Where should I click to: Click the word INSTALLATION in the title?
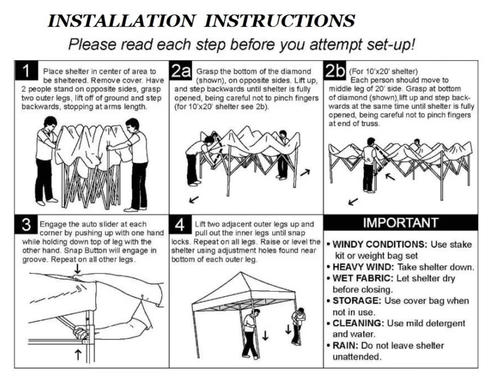point(121,21)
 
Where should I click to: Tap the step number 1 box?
point(26,70)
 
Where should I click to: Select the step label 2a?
point(181,70)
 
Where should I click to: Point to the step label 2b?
point(335,70)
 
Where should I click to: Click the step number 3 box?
point(26,224)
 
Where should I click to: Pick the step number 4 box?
point(180,224)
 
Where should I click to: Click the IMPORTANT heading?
point(401,222)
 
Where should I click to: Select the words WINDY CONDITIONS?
point(380,244)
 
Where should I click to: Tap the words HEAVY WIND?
point(363,267)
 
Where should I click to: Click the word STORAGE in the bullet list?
point(357,300)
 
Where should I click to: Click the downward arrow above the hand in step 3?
point(78,269)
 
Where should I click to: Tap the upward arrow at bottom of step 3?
point(78,355)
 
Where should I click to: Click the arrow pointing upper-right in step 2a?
point(305,172)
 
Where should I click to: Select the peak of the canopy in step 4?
point(241,272)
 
